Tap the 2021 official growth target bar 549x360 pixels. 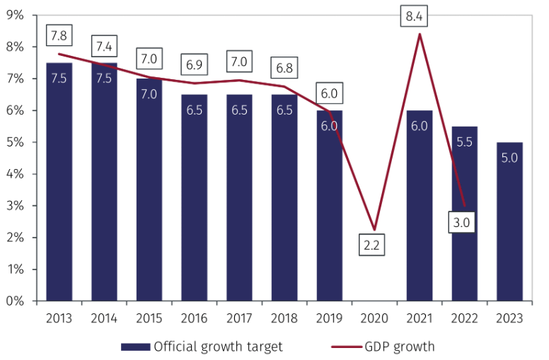pyautogui.click(x=419, y=206)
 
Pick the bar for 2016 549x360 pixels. pyautogui.click(x=194, y=198)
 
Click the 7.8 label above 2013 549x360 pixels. pyautogui.click(x=59, y=34)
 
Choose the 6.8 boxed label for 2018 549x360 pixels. pyautogui.click(x=283, y=69)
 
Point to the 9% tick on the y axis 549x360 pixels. pyautogui.click(x=15, y=15)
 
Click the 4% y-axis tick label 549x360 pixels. pyautogui.click(x=15, y=174)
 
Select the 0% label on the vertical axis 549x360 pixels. pyautogui.click(x=15, y=301)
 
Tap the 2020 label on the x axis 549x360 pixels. pyautogui.click(x=374, y=318)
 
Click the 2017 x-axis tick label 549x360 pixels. pyautogui.click(x=239, y=318)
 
